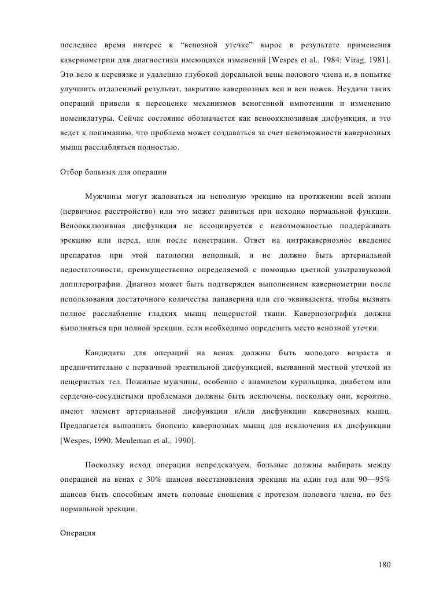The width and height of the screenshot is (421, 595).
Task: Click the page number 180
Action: click(384, 564)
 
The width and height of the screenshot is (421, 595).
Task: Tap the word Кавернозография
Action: click(324, 314)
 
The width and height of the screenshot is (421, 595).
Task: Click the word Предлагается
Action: click(86, 426)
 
